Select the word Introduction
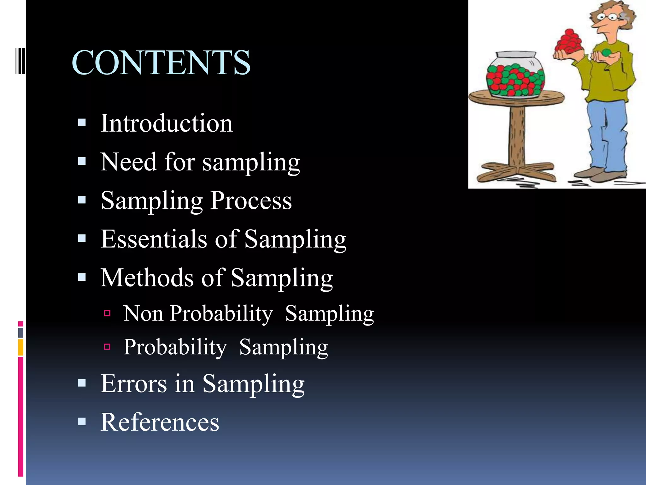[167, 123]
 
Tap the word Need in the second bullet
[128, 162]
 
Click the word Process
[251, 201]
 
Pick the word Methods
[147, 278]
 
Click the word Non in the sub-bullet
[143, 314]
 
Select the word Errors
[133, 384]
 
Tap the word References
[160, 422]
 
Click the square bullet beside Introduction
[82, 123]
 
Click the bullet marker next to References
[82, 422]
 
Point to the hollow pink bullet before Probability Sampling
[107, 347]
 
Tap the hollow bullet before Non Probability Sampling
[107, 313]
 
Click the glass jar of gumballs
[515, 76]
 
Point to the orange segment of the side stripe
[21, 347]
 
